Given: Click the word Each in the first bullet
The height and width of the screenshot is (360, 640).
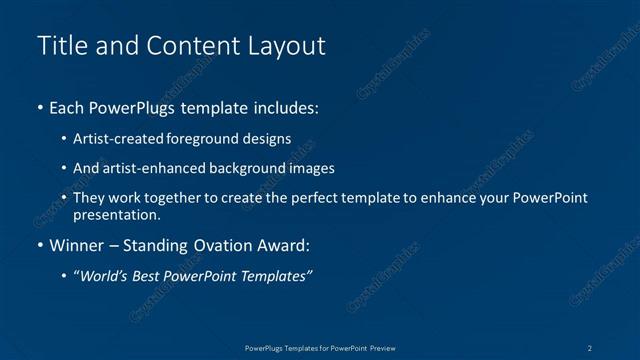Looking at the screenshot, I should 69,106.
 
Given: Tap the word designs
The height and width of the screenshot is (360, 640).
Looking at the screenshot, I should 267,139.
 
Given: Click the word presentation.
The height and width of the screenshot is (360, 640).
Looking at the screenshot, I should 117,214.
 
